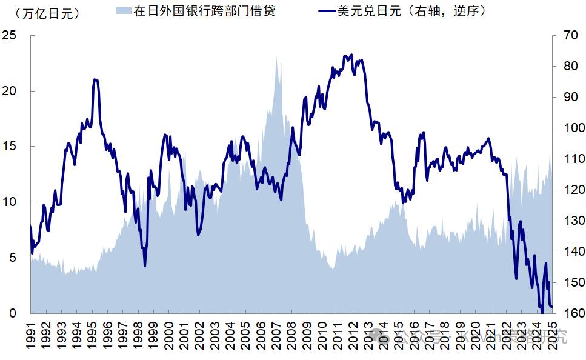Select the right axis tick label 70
[x=570, y=36]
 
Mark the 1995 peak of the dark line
[x=95, y=79]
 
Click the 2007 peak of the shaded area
[x=277, y=56]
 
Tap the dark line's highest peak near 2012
[x=346, y=55]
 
